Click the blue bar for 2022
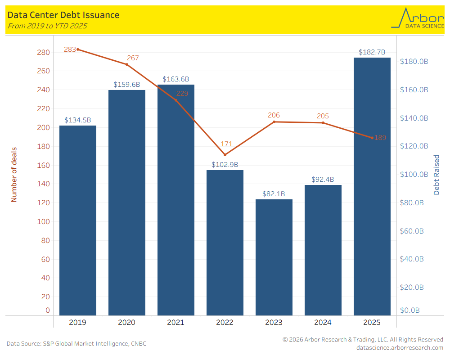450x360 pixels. (225, 243)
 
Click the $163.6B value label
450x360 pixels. (176, 79)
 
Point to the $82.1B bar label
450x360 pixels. (274, 194)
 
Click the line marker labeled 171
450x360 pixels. (225, 155)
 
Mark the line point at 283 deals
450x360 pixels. (78, 49)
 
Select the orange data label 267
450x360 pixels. (133, 58)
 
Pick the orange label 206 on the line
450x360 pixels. (274, 115)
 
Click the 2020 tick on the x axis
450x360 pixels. (127, 323)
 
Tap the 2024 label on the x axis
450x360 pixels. (323, 323)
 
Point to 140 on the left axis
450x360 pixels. (43, 184)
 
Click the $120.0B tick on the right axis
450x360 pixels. (414, 146)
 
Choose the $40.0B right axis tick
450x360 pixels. (412, 259)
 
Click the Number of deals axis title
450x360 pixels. (14, 174)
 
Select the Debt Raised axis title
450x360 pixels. (436, 175)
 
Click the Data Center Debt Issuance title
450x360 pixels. (63, 15)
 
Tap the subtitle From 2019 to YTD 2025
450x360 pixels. (47, 26)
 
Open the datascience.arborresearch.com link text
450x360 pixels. (400, 347)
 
